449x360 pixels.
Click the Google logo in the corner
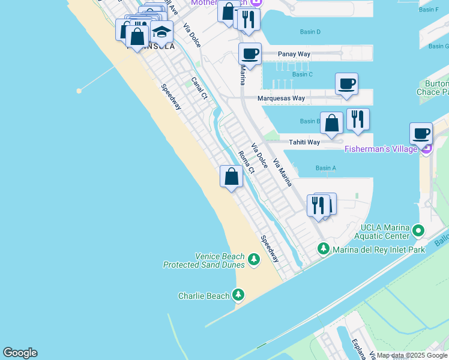(x=20, y=353)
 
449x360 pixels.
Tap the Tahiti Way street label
(x=305, y=142)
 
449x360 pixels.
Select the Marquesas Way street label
(x=281, y=98)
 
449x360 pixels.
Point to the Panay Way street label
(x=294, y=54)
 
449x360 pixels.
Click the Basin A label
(x=325, y=168)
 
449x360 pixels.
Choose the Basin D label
(x=310, y=32)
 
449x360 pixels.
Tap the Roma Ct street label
(x=247, y=162)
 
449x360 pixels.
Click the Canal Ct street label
(x=199, y=88)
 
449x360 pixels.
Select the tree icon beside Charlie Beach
(x=239, y=295)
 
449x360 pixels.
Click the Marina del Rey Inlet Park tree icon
(x=323, y=248)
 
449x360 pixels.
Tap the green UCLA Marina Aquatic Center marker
(x=419, y=230)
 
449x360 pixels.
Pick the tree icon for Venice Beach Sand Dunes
(x=254, y=259)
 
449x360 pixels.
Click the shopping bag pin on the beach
(x=231, y=176)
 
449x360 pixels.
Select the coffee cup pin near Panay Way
(x=250, y=53)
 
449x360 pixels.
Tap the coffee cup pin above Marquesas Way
(x=346, y=83)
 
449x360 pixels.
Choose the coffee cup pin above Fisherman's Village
(x=420, y=133)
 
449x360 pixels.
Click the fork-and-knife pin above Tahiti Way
(x=358, y=118)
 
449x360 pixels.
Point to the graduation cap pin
(x=161, y=32)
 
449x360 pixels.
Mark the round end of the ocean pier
(x=79, y=91)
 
